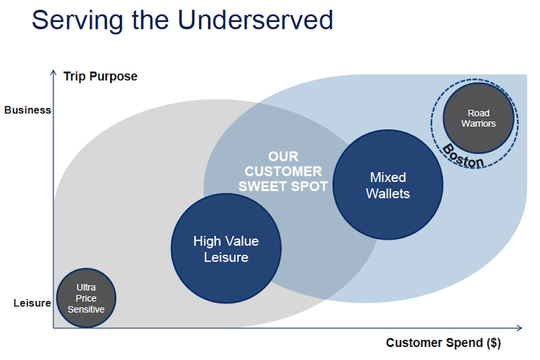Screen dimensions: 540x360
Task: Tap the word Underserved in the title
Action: pyautogui.click(x=255, y=20)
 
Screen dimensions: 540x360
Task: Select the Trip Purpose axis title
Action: pyautogui.click(x=100, y=76)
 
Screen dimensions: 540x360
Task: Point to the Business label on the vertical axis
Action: pyautogui.click(x=27, y=110)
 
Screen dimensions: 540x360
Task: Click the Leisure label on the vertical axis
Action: pyautogui.click(x=32, y=303)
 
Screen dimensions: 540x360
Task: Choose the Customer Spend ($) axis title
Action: pyautogui.click(x=443, y=343)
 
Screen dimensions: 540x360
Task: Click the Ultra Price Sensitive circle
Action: pyautogui.click(x=86, y=298)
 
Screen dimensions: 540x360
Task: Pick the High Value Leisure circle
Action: pyautogui.click(x=226, y=248)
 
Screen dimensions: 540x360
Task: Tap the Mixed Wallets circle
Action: pyautogui.click(x=388, y=185)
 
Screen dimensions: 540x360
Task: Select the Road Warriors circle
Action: pyautogui.click(x=478, y=118)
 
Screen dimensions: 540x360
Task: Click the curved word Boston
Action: pyautogui.click(x=462, y=157)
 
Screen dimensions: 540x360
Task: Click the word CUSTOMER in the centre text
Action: pyautogui.click(x=283, y=171)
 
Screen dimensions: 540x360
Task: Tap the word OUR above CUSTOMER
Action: pyautogui.click(x=283, y=157)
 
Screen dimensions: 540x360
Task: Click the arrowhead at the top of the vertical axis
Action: pyautogui.click(x=53, y=72)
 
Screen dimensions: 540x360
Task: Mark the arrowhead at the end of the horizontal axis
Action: pyautogui.click(x=519, y=328)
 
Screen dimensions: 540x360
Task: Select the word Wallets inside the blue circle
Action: pyautogui.click(x=388, y=194)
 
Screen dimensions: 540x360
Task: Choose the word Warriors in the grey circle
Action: pyautogui.click(x=478, y=123)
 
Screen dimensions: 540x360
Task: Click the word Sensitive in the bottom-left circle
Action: pyautogui.click(x=86, y=309)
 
